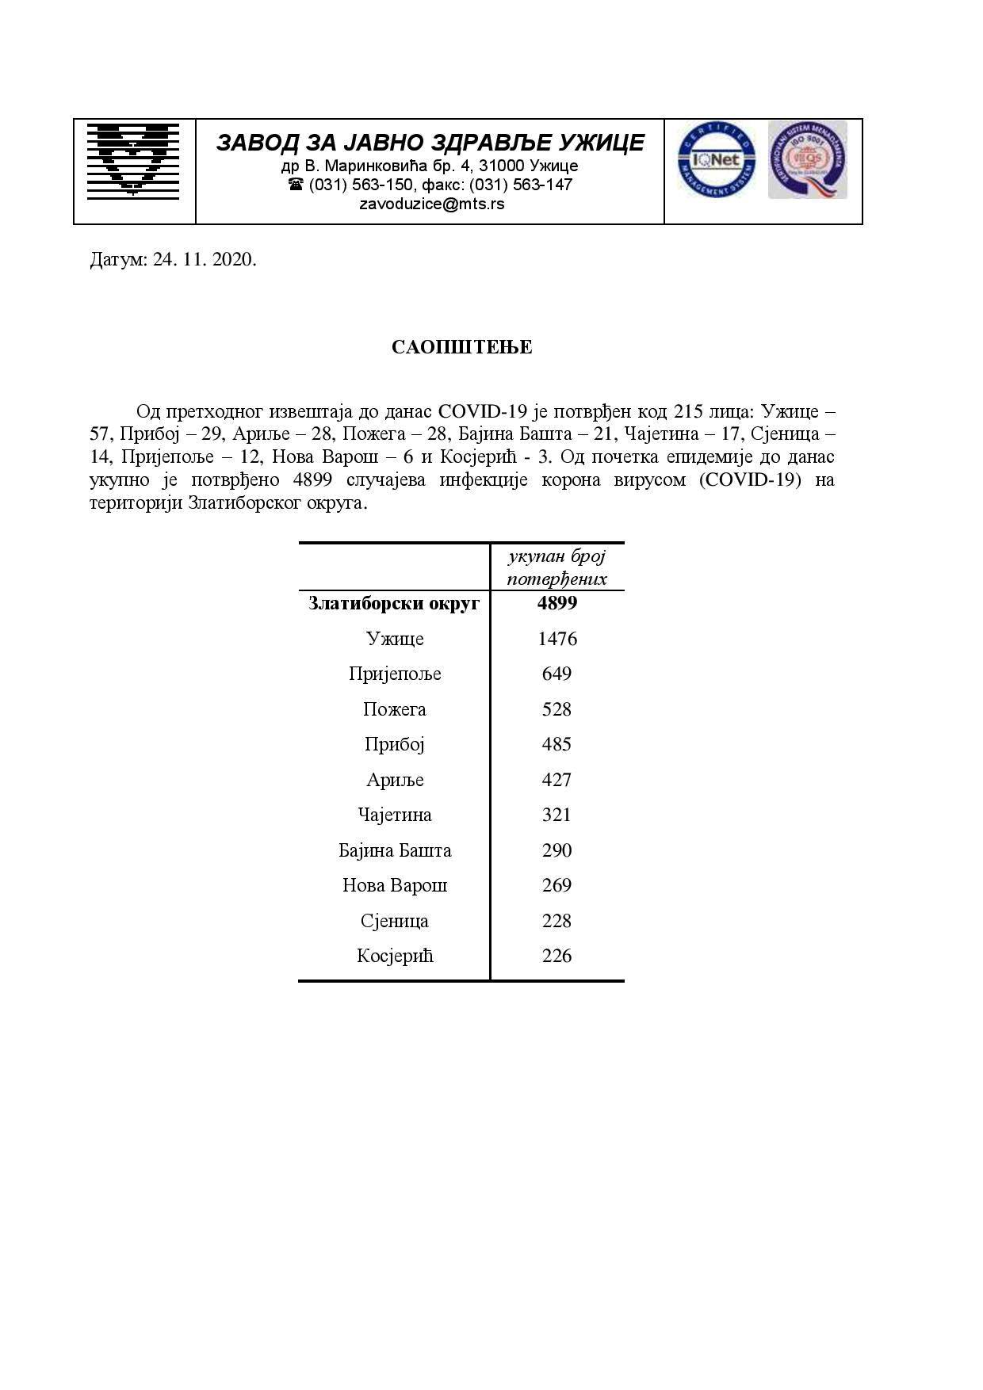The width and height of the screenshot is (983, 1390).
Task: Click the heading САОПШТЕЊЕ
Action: pyautogui.click(x=461, y=347)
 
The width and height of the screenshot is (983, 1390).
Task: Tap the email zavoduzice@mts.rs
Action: pyautogui.click(x=431, y=204)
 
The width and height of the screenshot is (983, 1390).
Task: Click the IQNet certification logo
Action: pyautogui.click(x=716, y=161)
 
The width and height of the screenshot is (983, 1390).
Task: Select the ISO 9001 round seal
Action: pyautogui.click(x=807, y=159)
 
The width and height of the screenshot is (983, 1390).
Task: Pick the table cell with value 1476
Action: pyautogui.click(x=557, y=639)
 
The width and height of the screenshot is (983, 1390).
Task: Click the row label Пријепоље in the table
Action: pyautogui.click(x=395, y=674)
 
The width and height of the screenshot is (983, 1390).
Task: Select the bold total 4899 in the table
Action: pyautogui.click(x=557, y=603)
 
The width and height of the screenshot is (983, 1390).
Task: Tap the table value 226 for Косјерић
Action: pyautogui.click(x=557, y=956)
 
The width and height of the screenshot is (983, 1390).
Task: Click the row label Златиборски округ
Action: pyautogui.click(x=394, y=604)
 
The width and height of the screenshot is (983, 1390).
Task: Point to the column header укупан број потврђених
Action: pyautogui.click(x=557, y=567)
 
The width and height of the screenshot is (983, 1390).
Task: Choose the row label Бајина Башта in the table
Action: pyautogui.click(x=395, y=850)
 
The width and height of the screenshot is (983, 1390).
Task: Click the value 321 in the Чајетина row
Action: pyautogui.click(x=557, y=815)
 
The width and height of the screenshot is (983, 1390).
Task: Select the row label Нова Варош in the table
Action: pyautogui.click(x=395, y=885)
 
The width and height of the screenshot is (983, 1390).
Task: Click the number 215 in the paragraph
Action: pyautogui.click(x=688, y=412)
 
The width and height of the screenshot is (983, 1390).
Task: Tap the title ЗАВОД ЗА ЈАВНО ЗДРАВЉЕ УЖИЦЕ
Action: pyautogui.click(x=430, y=143)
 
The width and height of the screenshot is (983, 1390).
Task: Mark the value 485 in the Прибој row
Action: pyautogui.click(x=557, y=744)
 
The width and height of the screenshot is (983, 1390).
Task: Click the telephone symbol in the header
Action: pyautogui.click(x=296, y=185)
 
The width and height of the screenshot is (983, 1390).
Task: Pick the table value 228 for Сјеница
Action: pyautogui.click(x=557, y=921)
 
